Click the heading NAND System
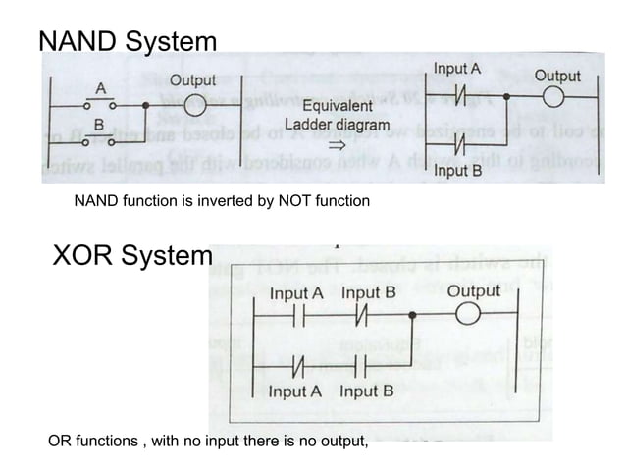128,42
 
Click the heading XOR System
130,257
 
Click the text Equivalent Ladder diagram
337,116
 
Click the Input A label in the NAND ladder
457,69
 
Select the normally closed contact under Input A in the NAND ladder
458,98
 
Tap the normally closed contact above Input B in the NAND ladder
458,148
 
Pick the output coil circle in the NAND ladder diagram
556,98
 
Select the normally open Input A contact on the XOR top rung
295,316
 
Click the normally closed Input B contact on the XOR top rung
363,316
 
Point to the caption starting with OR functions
208,442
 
